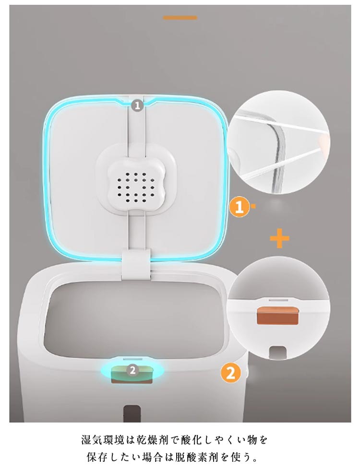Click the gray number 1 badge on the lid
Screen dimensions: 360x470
point(137,106)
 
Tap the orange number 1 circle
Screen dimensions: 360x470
point(239,207)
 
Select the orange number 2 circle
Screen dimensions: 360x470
point(231,373)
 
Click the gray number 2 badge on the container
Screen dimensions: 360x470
point(132,370)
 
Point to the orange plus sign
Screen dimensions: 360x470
point(279,239)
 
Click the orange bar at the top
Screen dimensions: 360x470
point(180,18)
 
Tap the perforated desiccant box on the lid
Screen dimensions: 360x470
point(136,187)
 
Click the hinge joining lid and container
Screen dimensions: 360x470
point(137,264)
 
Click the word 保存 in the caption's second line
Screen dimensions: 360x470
point(96,458)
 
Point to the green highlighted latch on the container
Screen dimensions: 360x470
point(132,372)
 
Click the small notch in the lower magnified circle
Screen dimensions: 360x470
point(277,352)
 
